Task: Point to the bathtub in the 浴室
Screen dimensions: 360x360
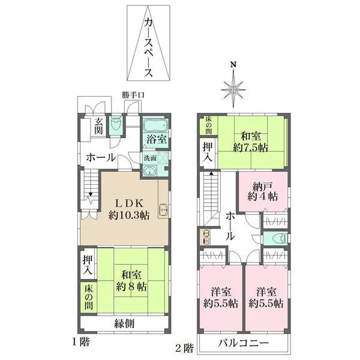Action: pos(155,128)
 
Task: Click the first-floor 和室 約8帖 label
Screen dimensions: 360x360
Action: pos(131,281)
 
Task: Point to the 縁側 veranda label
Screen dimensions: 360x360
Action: pos(124,323)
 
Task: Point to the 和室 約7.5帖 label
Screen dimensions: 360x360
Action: pos(250,142)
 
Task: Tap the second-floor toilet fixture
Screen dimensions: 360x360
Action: pos(276,238)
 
